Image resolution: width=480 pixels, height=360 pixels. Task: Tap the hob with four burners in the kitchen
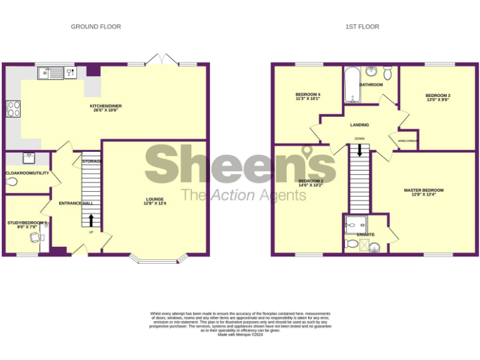(13, 109)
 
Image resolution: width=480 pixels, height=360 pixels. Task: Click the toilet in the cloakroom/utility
(12, 182)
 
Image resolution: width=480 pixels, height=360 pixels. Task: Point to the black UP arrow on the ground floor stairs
(92, 220)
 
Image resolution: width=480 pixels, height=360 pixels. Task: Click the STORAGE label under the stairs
(92, 161)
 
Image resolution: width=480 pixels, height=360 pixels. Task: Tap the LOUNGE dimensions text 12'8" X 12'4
(156, 204)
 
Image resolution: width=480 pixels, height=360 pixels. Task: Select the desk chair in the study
(34, 237)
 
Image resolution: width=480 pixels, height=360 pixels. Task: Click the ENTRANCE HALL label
(76, 204)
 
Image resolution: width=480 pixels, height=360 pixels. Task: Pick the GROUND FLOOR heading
(96, 27)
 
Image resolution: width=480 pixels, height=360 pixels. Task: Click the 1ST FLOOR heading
(362, 27)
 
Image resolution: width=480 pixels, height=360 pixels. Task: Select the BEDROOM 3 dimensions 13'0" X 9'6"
(438, 99)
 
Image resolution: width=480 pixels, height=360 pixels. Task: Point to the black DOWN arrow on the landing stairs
(359, 150)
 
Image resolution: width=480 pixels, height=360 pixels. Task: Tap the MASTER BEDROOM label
(424, 190)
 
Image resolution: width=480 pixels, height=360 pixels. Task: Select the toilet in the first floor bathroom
(387, 74)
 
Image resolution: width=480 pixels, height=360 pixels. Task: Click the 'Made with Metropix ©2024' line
(240, 334)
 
